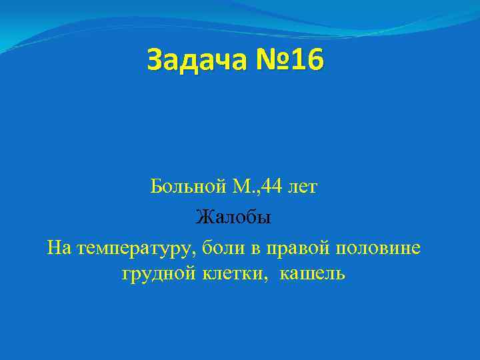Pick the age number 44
coord(271,187)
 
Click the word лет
coord(303,187)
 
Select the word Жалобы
coord(233,217)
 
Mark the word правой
coord(294,249)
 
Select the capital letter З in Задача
coord(155,60)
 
